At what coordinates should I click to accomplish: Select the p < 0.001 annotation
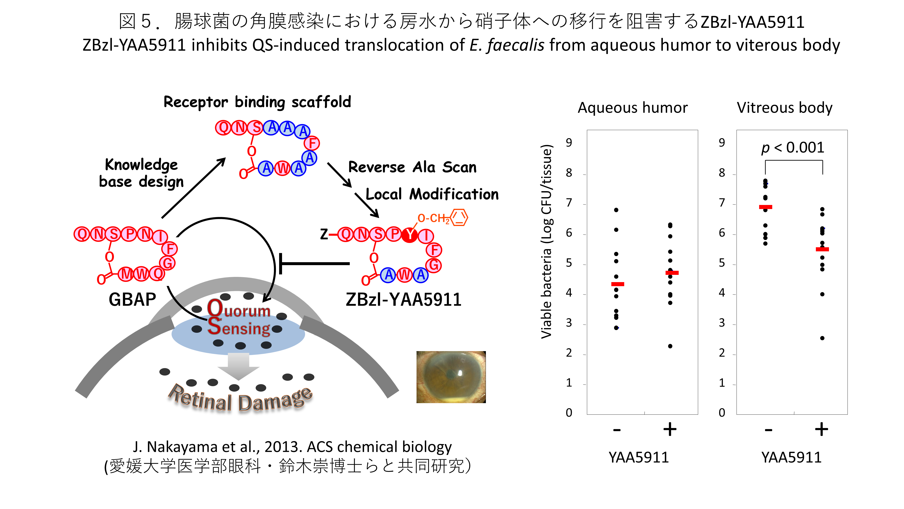click(x=792, y=147)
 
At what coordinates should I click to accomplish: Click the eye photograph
click(x=451, y=377)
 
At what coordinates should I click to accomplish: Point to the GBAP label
click(x=132, y=300)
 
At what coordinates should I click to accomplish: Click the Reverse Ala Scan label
click(x=412, y=167)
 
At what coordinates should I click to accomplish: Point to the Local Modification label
click(x=432, y=194)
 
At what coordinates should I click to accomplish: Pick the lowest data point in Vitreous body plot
click(x=822, y=338)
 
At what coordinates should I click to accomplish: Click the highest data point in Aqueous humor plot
click(x=616, y=210)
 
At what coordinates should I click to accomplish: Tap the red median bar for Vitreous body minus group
click(x=765, y=207)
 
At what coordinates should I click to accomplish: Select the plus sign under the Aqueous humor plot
click(x=670, y=429)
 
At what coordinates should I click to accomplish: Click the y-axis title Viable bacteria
click(x=546, y=241)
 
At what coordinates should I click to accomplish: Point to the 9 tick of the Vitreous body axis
click(x=722, y=143)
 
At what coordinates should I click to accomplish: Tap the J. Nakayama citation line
click(x=292, y=447)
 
